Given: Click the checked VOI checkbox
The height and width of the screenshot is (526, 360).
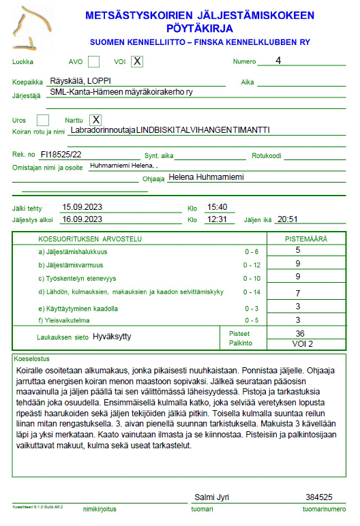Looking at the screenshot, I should (x=138, y=62).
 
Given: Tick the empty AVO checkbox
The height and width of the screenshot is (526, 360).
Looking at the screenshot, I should (x=94, y=62).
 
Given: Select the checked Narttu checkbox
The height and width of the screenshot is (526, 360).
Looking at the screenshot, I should (x=96, y=121).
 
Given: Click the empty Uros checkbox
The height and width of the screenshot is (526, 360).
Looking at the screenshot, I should (x=43, y=121).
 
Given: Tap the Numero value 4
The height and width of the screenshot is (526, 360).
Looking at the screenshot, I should (x=278, y=61).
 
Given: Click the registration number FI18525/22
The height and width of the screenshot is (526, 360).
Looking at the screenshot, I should (x=61, y=155).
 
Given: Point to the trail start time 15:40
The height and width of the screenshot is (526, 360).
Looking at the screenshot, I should (x=217, y=207).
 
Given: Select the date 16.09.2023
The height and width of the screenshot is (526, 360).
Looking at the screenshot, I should (x=82, y=219).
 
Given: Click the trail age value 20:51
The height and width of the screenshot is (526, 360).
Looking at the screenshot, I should (x=288, y=219).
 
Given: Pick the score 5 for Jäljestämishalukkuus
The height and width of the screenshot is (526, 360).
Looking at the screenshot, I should (x=298, y=251).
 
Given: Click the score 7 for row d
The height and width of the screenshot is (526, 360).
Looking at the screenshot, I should (x=298, y=293).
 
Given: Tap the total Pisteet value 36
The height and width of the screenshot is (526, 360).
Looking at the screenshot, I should (x=299, y=333).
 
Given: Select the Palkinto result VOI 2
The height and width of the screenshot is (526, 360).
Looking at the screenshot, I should (x=299, y=343).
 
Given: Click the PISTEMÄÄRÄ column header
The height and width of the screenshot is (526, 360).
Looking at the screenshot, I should (x=305, y=239).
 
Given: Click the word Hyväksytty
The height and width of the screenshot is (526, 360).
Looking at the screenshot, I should (x=111, y=337).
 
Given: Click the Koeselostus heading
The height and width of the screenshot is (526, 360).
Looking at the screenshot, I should (x=32, y=358).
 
